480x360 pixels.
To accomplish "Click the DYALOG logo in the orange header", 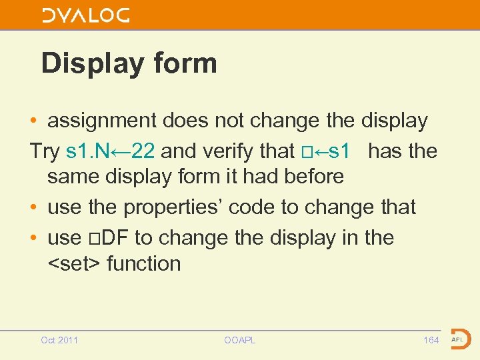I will (86, 15).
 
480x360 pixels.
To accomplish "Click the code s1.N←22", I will (111, 151).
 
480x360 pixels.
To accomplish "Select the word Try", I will (45, 151).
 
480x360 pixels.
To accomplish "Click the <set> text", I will (74, 263).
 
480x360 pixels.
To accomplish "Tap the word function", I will (144, 263).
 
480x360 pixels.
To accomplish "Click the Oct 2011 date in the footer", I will (59, 341).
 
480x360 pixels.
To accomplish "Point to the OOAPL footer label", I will (240, 341).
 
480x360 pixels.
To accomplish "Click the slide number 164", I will (431, 341).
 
